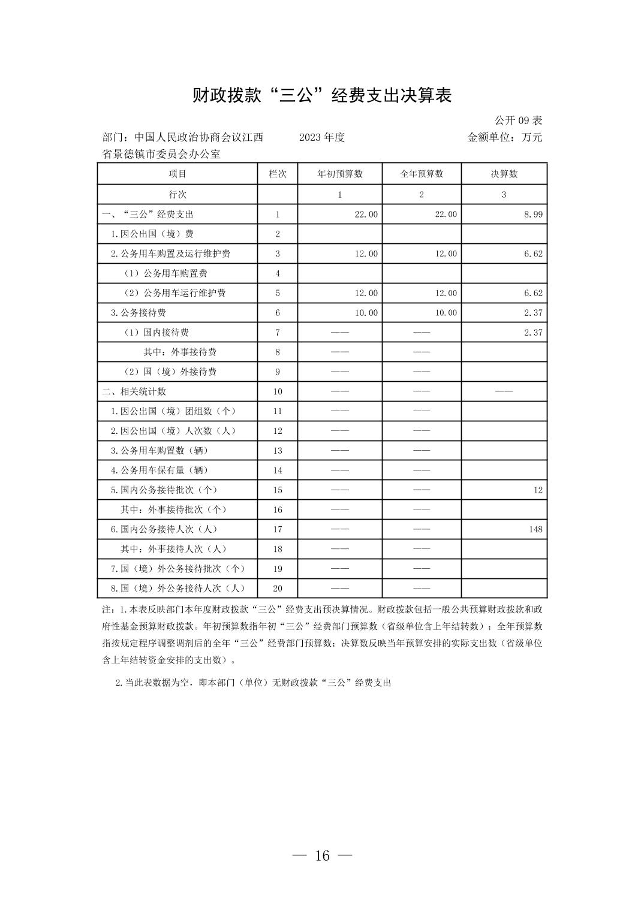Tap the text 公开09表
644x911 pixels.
click(x=518, y=120)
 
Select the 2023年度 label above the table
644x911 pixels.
click(x=321, y=137)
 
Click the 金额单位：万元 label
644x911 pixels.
click(x=504, y=137)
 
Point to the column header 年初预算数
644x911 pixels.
click(x=340, y=174)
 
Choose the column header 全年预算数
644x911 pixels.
click(x=422, y=174)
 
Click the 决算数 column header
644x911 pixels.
click(x=504, y=174)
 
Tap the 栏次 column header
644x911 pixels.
click(x=278, y=174)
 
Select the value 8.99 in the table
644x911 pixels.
click(x=533, y=214)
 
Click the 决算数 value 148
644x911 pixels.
click(x=535, y=529)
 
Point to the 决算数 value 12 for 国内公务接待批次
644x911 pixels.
click(x=538, y=490)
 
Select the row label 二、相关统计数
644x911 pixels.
click(x=134, y=391)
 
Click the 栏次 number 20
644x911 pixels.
click(x=278, y=589)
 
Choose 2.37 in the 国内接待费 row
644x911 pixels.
click(x=533, y=333)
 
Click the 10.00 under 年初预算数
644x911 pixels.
click(x=366, y=313)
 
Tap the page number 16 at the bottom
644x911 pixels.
click(x=322, y=856)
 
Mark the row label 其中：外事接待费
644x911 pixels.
click(x=180, y=352)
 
